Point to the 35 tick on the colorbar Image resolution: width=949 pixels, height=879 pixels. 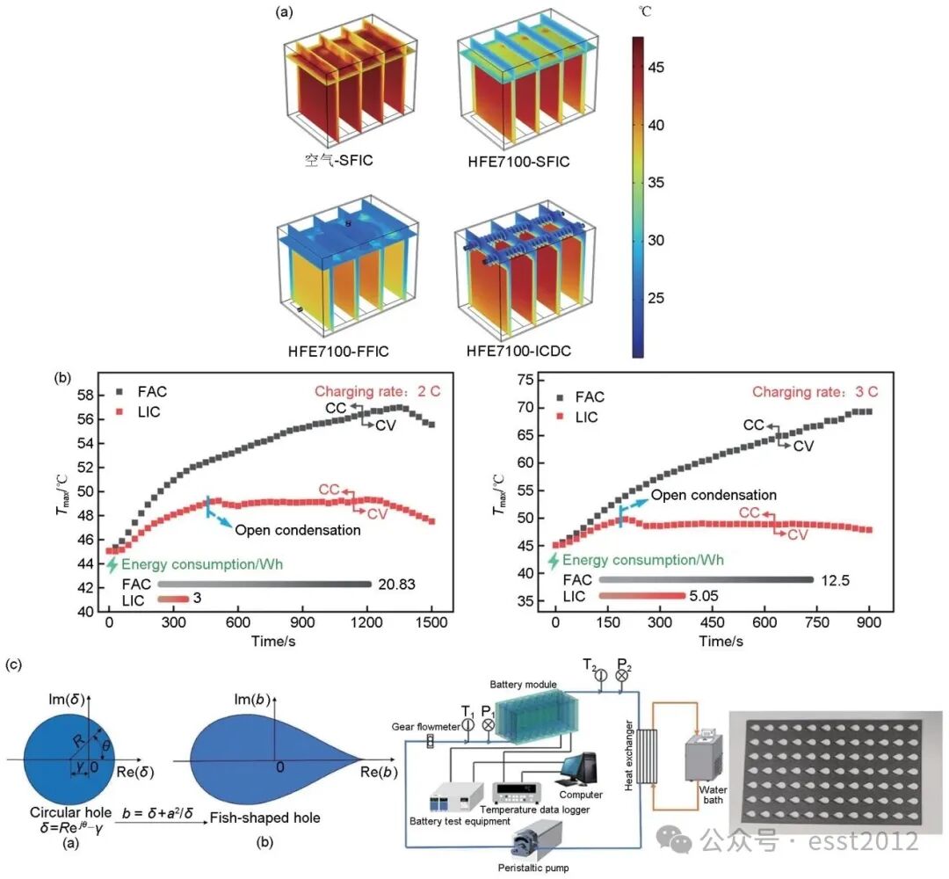655,183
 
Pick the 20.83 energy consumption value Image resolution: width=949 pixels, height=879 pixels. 399,584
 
